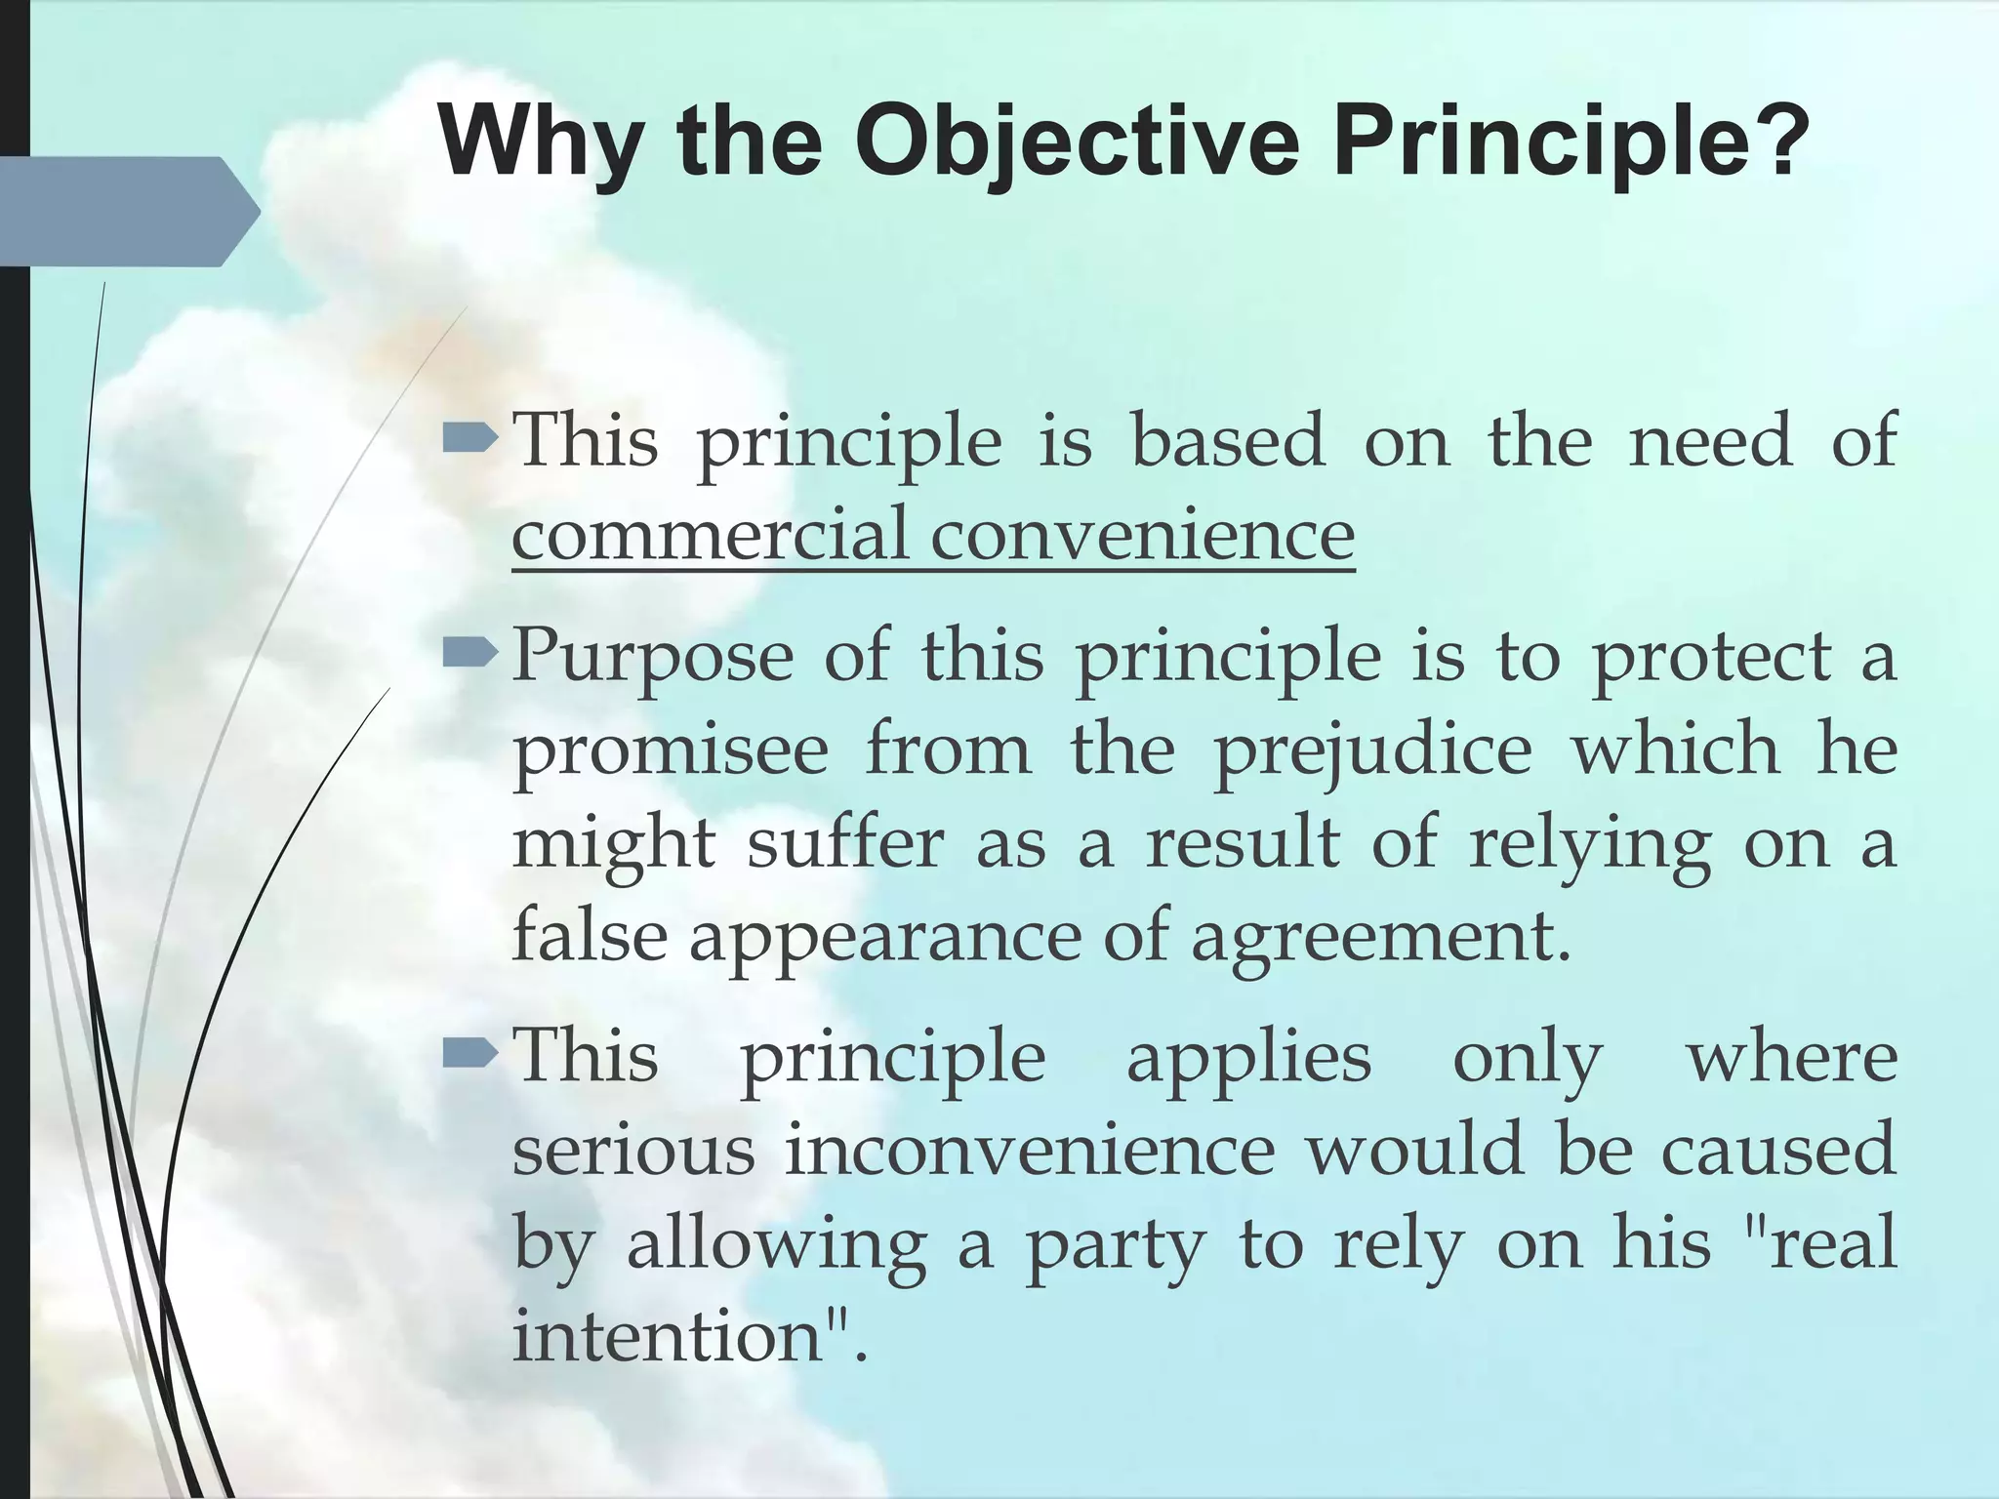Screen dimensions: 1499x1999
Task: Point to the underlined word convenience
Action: pos(1142,534)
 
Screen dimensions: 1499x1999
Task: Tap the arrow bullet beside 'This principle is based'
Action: pos(471,440)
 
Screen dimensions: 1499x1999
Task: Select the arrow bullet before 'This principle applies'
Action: pos(471,1054)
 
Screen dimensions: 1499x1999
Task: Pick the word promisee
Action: pos(672,749)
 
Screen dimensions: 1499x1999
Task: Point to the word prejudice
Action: pos(1371,749)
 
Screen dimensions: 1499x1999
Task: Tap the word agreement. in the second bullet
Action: pos(1380,937)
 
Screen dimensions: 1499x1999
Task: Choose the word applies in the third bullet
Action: pos(1248,1057)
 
